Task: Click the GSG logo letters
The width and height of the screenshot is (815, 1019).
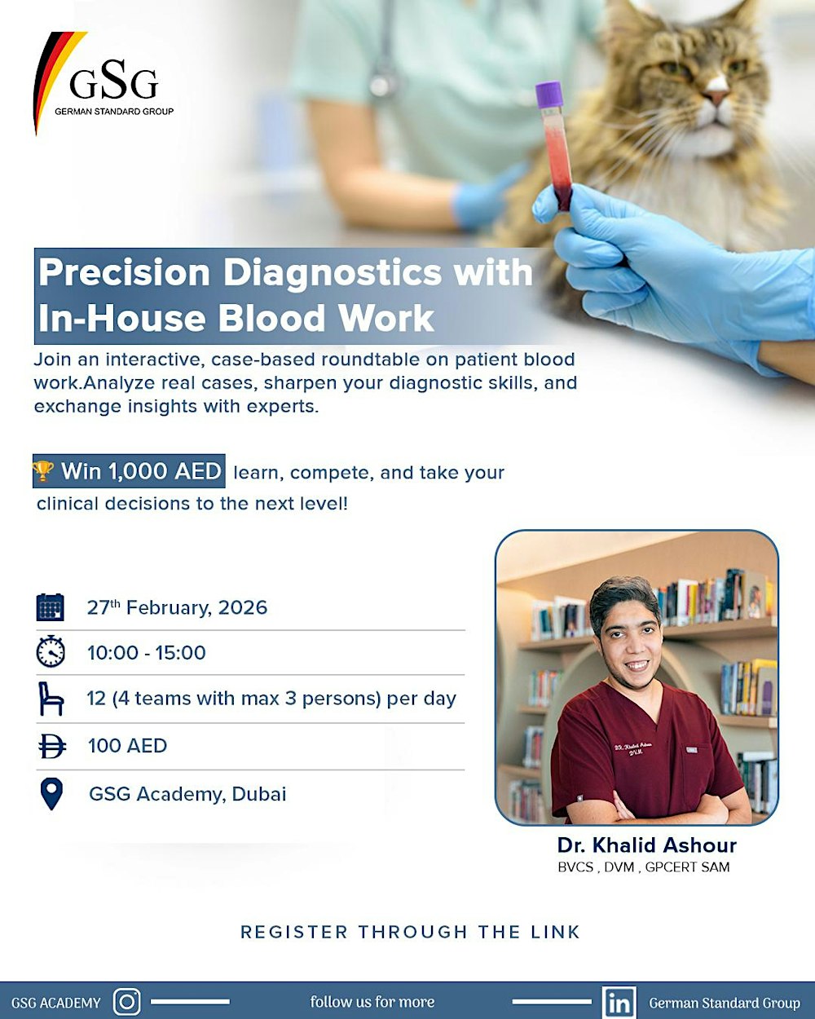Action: (113, 82)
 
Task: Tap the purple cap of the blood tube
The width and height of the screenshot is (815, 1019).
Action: (549, 94)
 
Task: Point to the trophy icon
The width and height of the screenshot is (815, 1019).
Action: (43, 471)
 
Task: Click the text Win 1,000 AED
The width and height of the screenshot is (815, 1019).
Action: (141, 471)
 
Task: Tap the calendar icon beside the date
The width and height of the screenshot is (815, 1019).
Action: (51, 607)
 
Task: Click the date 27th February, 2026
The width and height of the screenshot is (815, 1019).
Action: (177, 607)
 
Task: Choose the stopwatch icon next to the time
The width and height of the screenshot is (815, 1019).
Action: (51, 652)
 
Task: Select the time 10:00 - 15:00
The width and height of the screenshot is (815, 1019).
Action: (147, 652)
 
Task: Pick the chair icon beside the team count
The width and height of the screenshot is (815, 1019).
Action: (51, 699)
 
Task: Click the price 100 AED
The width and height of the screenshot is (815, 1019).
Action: (127, 745)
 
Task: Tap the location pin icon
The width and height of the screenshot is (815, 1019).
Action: (51, 793)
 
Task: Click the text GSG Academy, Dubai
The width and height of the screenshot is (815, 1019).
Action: (187, 793)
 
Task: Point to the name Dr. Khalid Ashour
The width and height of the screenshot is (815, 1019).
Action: (647, 845)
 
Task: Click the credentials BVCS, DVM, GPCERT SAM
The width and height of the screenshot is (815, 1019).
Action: (644, 867)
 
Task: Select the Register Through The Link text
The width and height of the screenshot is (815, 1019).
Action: (410, 932)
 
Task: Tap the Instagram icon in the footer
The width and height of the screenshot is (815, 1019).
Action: (126, 1001)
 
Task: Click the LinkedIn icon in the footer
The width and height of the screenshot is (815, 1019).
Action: (619, 1002)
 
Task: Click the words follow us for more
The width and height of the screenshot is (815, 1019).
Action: (372, 1002)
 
